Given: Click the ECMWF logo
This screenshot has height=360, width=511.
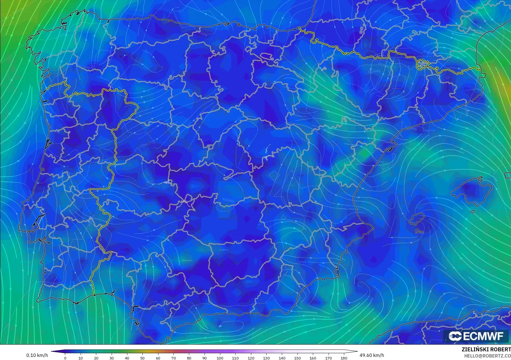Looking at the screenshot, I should pos(476,336).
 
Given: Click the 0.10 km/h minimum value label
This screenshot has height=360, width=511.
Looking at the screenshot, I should pos(37,356).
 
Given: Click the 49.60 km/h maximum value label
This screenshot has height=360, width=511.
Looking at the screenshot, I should pos(372,356).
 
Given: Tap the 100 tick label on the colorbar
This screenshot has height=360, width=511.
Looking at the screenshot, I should pos(220,358).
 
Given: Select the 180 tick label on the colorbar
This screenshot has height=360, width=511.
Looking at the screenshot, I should pos(344,358).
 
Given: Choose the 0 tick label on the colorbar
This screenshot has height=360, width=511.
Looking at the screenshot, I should pos(65,358).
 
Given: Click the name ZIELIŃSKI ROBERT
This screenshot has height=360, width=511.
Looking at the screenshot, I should pos(486,350).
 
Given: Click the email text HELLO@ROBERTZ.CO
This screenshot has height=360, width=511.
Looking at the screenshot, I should pos(487,356).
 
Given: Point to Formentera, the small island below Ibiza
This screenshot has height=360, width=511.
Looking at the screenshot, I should pos(419,231).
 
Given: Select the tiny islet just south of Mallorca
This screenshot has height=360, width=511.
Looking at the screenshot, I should pos(473,211).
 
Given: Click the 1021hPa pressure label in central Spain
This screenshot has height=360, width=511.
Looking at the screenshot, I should pos(228,200).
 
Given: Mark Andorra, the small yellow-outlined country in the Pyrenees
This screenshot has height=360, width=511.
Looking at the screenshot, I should pos(422,64).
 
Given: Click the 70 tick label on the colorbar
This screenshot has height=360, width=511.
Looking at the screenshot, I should pos(174,358).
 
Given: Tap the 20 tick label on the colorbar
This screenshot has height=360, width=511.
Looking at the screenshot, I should pos(96,358).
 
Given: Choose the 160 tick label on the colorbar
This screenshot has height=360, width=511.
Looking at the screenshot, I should pos(313,358).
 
